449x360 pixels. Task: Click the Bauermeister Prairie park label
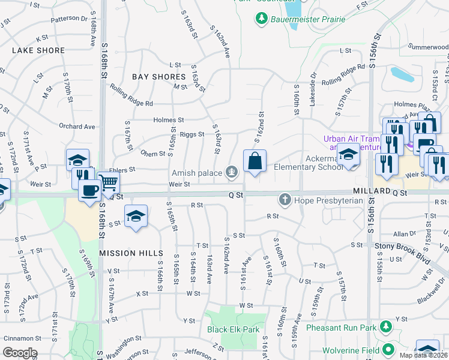click(309, 19)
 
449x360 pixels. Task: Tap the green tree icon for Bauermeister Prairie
click(262, 19)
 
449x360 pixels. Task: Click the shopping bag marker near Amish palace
click(255, 161)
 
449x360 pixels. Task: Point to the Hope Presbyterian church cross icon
click(285, 199)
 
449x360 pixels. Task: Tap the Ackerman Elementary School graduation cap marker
click(348, 155)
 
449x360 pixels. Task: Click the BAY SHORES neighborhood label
click(159, 77)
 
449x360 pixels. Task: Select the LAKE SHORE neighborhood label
click(38, 51)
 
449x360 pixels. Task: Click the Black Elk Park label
click(233, 329)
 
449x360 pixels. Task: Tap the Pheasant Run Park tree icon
click(387, 328)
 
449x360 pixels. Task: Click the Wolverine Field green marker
click(388, 349)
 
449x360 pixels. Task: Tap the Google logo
click(20, 353)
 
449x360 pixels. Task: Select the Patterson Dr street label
click(69, 19)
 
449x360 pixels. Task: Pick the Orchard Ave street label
click(77, 127)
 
